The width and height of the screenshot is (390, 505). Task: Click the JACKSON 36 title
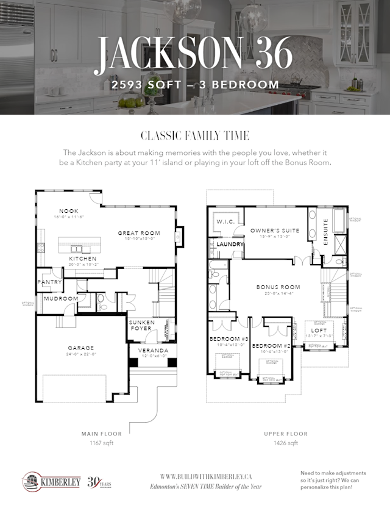pyautogui.click(x=194, y=53)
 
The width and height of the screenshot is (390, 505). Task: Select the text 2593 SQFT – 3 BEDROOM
pyautogui.click(x=195, y=85)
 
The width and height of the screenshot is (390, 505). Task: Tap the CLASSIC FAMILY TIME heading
pyautogui.click(x=194, y=135)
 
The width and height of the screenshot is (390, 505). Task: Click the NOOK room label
pyautogui.click(x=69, y=211)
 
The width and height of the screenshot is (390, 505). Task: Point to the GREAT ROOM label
pyautogui.click(x=139, y=233)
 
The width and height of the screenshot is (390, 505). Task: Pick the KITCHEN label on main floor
pyautogui.click(x=82, y=259)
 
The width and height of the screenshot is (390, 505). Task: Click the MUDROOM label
pyautogui.click(x=60, y=299)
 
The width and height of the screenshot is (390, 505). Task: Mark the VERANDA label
pyautogui.click(x=152, y=351)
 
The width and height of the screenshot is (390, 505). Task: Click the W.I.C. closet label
pyautogui.click(x=224, y=222)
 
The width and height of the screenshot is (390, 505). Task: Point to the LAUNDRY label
pyautogui.click(x=230, y=244)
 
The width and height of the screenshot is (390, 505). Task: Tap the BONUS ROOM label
pyautogui.click(x=278, y=287)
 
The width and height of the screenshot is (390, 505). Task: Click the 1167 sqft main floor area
pyautogui.click(x=97, y=442)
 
